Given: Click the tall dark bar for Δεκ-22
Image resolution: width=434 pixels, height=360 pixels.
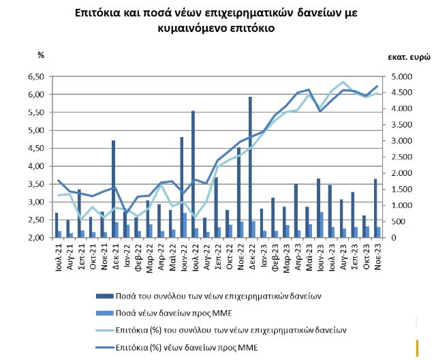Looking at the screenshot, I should [250, 167].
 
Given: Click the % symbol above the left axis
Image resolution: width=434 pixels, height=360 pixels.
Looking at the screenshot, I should [40, 55].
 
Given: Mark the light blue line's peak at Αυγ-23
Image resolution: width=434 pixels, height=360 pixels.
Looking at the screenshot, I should [342, 82].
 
